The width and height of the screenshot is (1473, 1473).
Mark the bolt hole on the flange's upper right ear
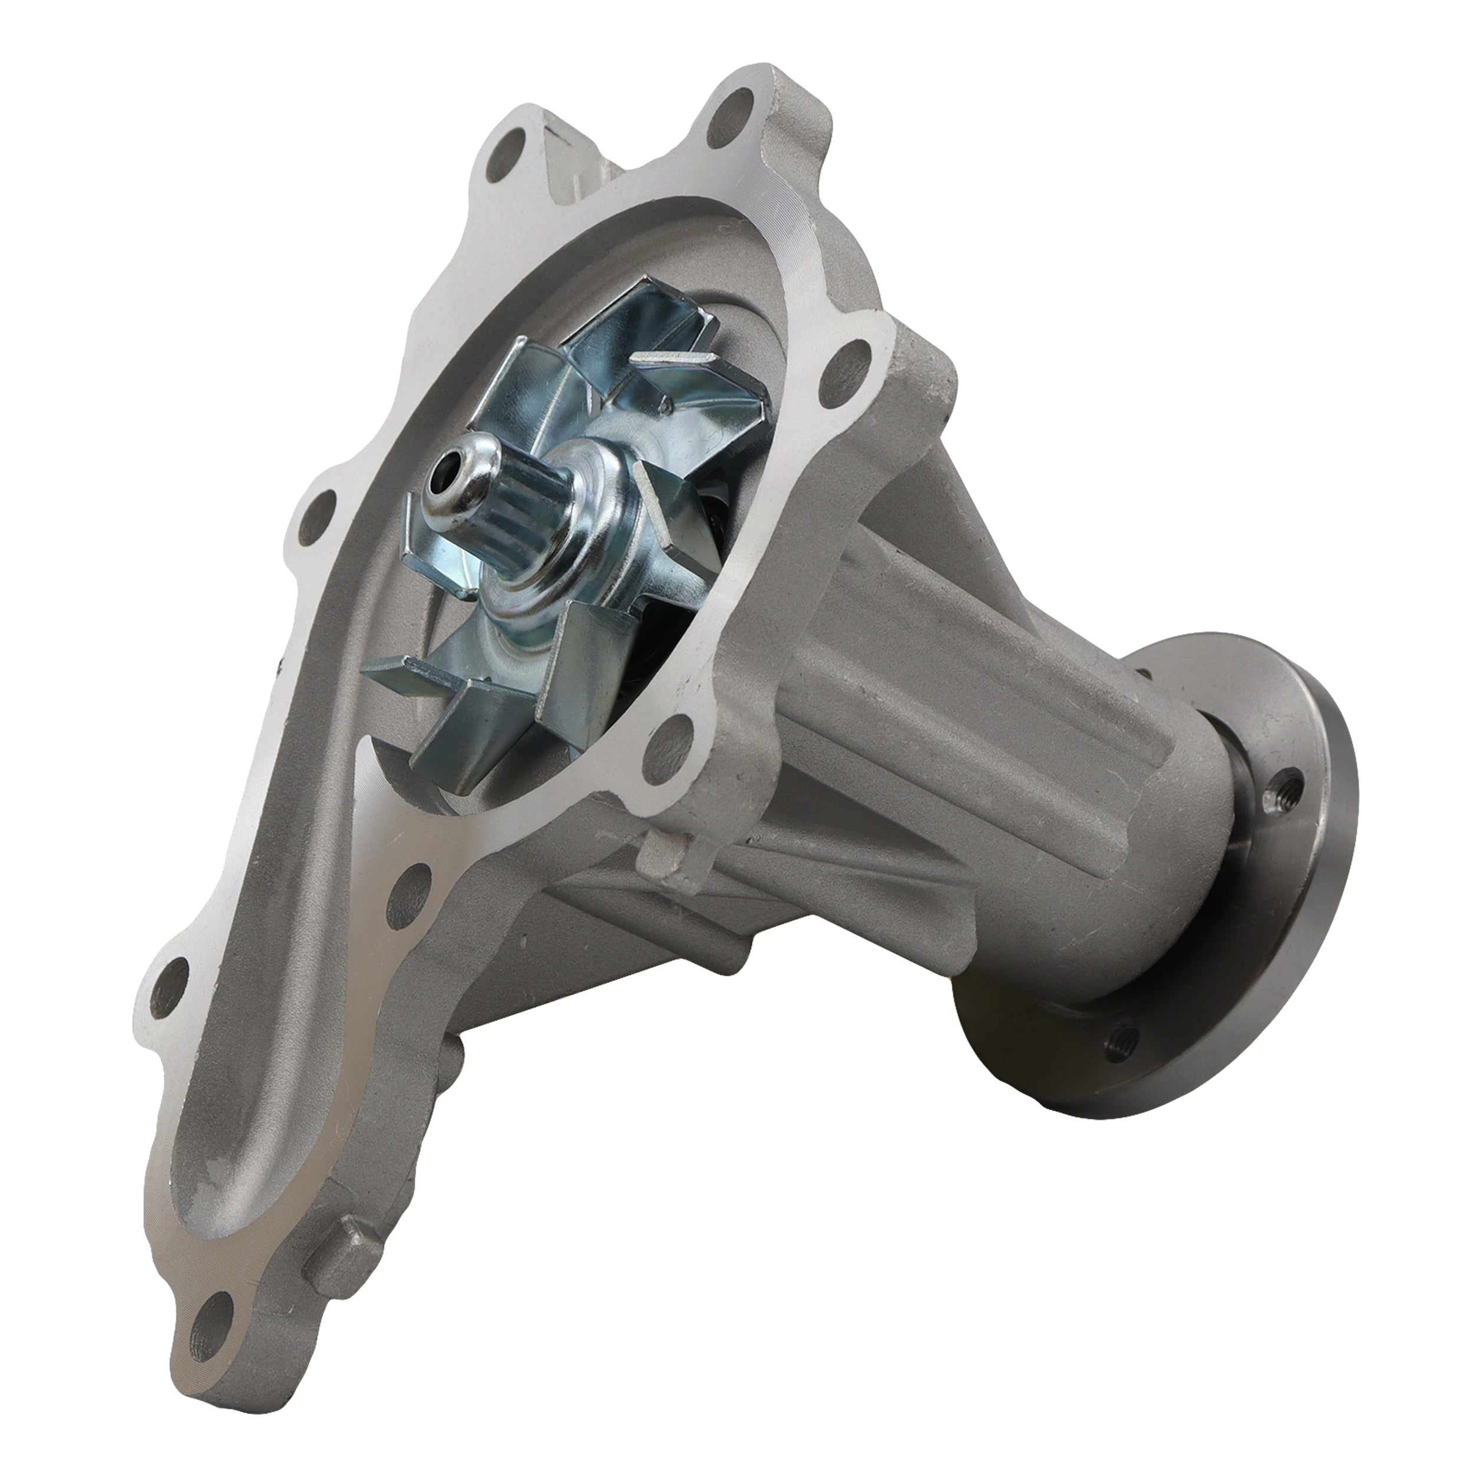point(850,359)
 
